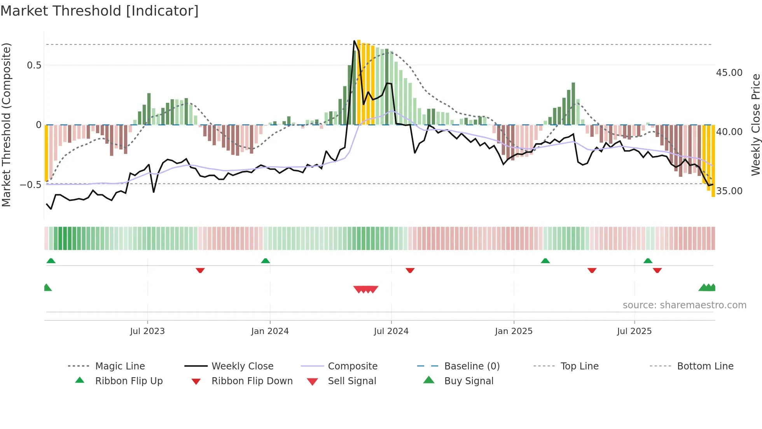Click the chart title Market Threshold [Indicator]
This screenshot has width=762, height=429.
[x=100, y=11]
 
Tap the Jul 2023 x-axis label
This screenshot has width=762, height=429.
[x=147, y=331]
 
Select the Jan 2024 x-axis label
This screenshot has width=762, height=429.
[x=270, y=331]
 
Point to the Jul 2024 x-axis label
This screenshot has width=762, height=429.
[x=391, y=331]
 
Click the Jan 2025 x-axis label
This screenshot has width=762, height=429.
[x=514, y=331]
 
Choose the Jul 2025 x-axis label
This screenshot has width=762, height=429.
[x=634, y=331]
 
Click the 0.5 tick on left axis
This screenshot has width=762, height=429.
[x=34, y=65]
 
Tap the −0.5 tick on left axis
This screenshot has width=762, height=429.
[x=31, y=185]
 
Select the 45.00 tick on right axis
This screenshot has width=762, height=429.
[x=729, y=73]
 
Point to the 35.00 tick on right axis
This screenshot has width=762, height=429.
[x=729, y=191]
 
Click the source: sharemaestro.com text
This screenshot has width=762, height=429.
[x=684, y=305]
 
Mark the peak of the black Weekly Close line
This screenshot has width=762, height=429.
[x=354, y=41]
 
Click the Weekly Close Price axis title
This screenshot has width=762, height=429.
[x=755, y=125]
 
